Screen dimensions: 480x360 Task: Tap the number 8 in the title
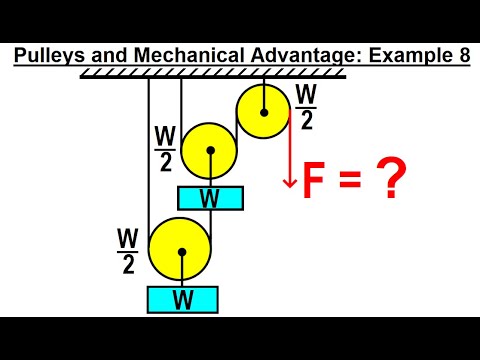pos(464,56)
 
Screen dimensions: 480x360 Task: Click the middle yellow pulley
pos(210,151)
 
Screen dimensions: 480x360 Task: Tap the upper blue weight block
pos(210,197)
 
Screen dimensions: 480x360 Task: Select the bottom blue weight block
pos(181,298)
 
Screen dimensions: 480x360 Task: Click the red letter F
pos(312,183)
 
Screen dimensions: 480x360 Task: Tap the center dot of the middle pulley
pos(210,151)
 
